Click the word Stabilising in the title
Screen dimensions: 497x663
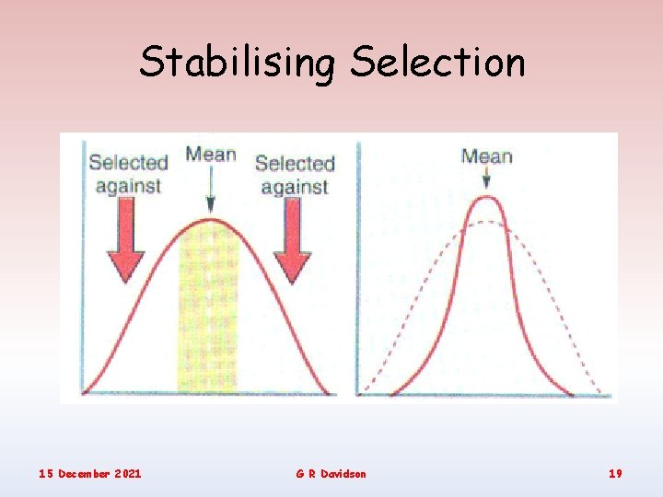click(239, 64)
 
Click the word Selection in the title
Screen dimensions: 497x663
click(437, 62)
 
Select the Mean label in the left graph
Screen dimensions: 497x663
click(211, 154)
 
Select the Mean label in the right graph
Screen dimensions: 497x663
click(486, 156)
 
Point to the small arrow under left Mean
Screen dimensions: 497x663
click(211, 191)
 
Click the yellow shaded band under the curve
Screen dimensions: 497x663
click(208, 313)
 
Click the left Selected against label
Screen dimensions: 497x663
click(128, 174)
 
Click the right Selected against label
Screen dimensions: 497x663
click(294, 175)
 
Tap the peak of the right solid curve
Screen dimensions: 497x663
click(486, 200)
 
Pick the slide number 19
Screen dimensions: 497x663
click(615, 473)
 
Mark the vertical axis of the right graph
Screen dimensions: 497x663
click(358, 267)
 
